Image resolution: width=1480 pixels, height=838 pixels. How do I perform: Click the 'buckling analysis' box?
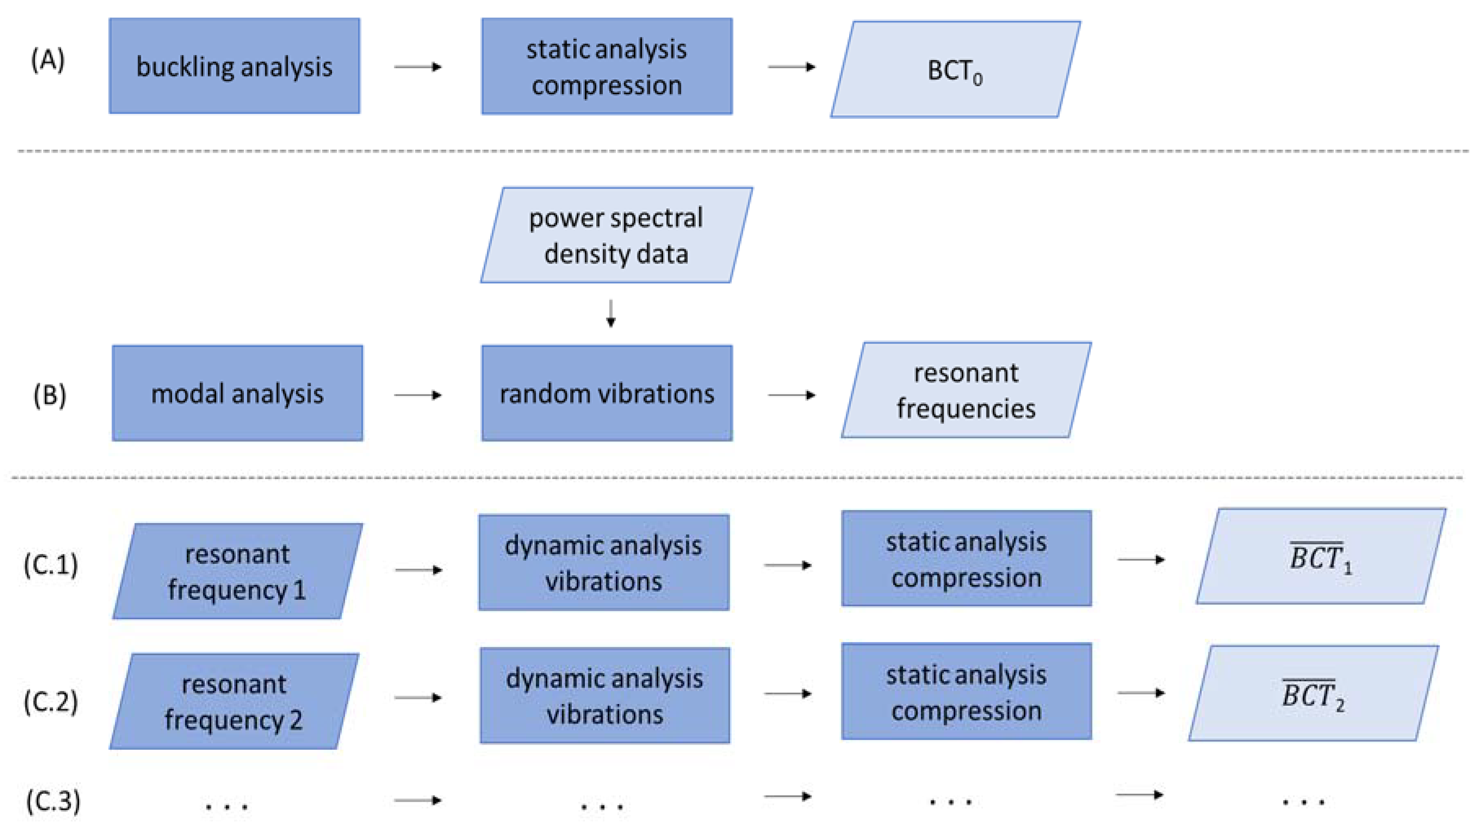point(234,66)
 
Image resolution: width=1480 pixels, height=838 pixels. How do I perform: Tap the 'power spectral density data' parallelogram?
point(616,235)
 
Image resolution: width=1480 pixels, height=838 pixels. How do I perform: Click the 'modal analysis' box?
point(237,393)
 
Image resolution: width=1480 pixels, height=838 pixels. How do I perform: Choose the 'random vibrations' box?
point(606,393)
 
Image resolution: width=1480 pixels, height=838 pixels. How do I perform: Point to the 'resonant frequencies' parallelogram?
point(966,390)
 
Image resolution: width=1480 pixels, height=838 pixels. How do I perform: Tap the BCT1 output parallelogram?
point(1320,556)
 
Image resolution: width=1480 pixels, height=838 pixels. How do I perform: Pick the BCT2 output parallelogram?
point(1313,693)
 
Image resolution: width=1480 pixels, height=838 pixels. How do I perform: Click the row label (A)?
point(48,60)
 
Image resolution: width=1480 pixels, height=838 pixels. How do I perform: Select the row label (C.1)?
point(51,565)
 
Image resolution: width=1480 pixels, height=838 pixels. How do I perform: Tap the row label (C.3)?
point(53,800)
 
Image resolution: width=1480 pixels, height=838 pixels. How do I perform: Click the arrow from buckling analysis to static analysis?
point(418,67)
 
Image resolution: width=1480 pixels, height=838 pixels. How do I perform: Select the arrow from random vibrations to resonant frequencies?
point(792,395)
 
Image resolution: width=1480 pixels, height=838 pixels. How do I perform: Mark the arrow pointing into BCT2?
point(1141,692)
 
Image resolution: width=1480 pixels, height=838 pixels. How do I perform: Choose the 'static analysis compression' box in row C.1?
point(966,558)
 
